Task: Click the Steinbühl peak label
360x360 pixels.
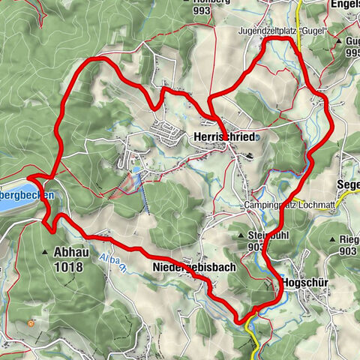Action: coord(264,235)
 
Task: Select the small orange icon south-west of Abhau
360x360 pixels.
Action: coord(29,323)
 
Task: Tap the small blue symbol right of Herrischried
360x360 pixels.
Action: coord(257,138)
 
